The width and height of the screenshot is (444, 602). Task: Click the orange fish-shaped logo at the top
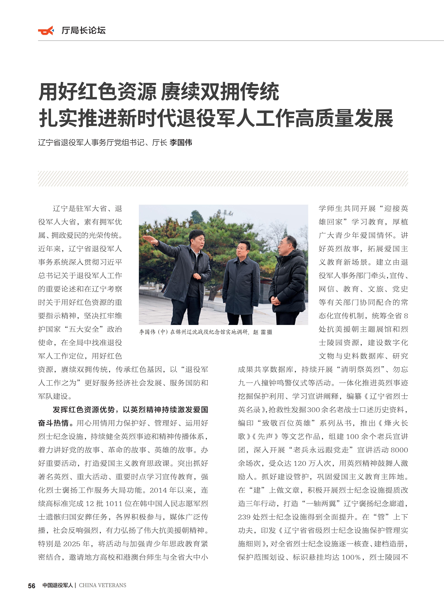click(x=46, y=31)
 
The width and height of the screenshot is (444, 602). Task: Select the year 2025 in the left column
click(x=72, y=544)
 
